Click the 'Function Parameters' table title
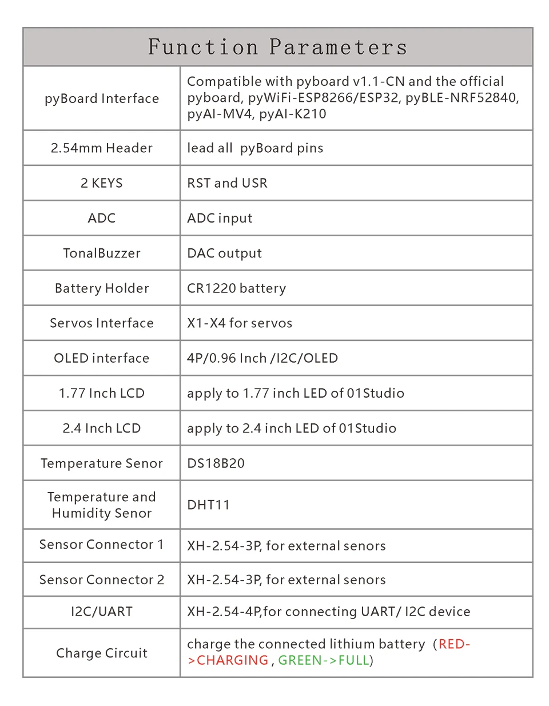[x=278, y=47]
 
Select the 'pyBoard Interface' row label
[x=102, y=98]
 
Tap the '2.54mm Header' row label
[x=102, y=148]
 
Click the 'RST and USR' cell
[x=227, y=183]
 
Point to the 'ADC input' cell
[x=220, y=218]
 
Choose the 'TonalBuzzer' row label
[x=102, y=253]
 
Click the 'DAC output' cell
[x=224, y=253]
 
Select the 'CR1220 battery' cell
[x=236, y=288]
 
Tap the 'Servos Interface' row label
[x=102, y=323]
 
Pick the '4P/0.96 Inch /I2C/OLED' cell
[x=262, y=358]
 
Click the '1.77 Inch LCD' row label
[x=102, y=393]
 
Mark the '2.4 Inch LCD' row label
[x=102, y=428]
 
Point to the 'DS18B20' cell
[x=216, y=463]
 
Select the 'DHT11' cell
[x=208, y=505]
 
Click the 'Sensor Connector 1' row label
[x=102, y=545]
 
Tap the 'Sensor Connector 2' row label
[x=102, y=580]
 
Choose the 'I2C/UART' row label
[x=102, y=612]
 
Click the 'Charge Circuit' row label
[x=102, y=653]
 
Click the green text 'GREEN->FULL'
[x=323, y=660]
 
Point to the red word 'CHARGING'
[x=232, y=660]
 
